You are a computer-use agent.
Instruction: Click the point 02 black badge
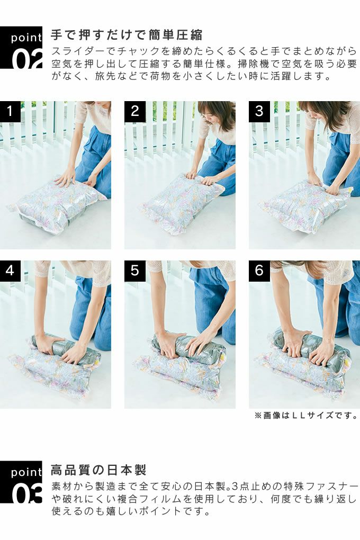point(21,48)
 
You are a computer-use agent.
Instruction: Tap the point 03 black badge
point(21,482)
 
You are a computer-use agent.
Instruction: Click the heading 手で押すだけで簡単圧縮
point(127,35)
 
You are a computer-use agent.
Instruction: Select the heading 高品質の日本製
point(99,470)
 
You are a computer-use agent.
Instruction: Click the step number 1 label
point(10,111)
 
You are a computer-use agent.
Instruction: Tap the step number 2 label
point(134,111)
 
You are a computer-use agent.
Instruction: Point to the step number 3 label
point(259,111)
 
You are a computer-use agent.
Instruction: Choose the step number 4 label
point(10,271)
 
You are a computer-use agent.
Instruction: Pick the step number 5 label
point(134,271)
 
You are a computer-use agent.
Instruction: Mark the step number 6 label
point(259,271)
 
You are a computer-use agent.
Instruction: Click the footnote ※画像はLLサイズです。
point(306,416)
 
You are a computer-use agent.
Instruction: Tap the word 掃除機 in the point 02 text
point(253,64)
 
